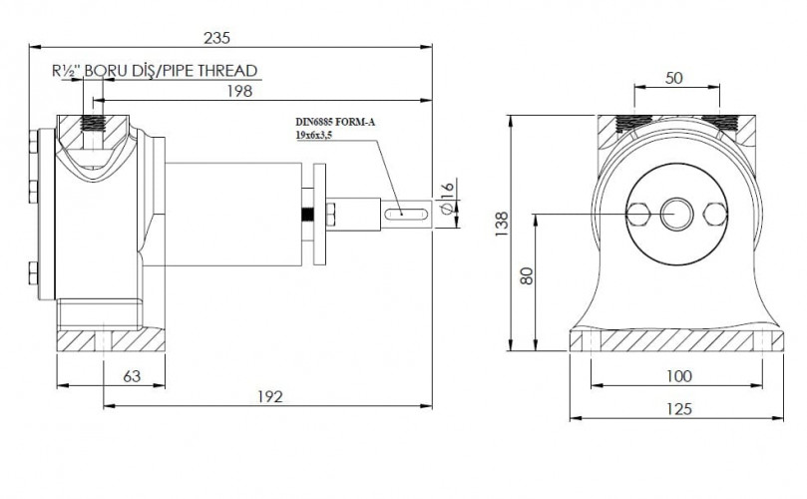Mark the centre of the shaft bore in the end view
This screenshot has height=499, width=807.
click(x=676, y=214)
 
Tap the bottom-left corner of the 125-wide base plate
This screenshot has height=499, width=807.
click(x=570, y=351)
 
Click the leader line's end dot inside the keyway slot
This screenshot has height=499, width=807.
click(x=401, y=213)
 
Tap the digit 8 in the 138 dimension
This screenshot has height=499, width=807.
click(x=502, y=217)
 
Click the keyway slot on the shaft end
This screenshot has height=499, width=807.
click(x=407, y=213)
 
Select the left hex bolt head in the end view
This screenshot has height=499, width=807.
click(x=638, y=215)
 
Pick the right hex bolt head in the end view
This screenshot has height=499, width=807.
click(x=715, y=215)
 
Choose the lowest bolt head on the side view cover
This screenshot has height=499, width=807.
click(x=34, y=273)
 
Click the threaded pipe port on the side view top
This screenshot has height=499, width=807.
click(x=93, y=124)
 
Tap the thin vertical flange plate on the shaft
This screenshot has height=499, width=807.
click(x=319, y=215)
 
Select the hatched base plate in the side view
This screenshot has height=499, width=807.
click(x=111, y=341)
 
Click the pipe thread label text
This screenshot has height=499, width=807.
click(x=155, y=71)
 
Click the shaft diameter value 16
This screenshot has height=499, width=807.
click(x=448, y=189)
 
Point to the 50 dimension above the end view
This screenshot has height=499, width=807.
click(x=673, y=78)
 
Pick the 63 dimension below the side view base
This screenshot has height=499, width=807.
click(x=132, y=376)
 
